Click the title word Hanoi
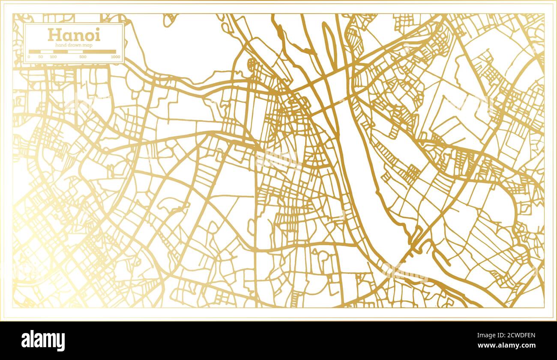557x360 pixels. pos(74,34)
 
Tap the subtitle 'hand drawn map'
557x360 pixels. pos(74,45)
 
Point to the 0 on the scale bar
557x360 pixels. pos(29,57)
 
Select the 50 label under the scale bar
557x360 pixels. pos(40,57)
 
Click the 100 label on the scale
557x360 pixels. pos(53,57)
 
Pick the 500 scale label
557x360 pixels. pos(83,57)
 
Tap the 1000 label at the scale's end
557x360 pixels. pos(115,57)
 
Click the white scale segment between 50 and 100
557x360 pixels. pos(47,52)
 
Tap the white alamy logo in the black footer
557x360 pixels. pos(43,341)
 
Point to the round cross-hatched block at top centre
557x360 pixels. pos(252,64)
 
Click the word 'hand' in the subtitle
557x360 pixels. pos(61,45)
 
